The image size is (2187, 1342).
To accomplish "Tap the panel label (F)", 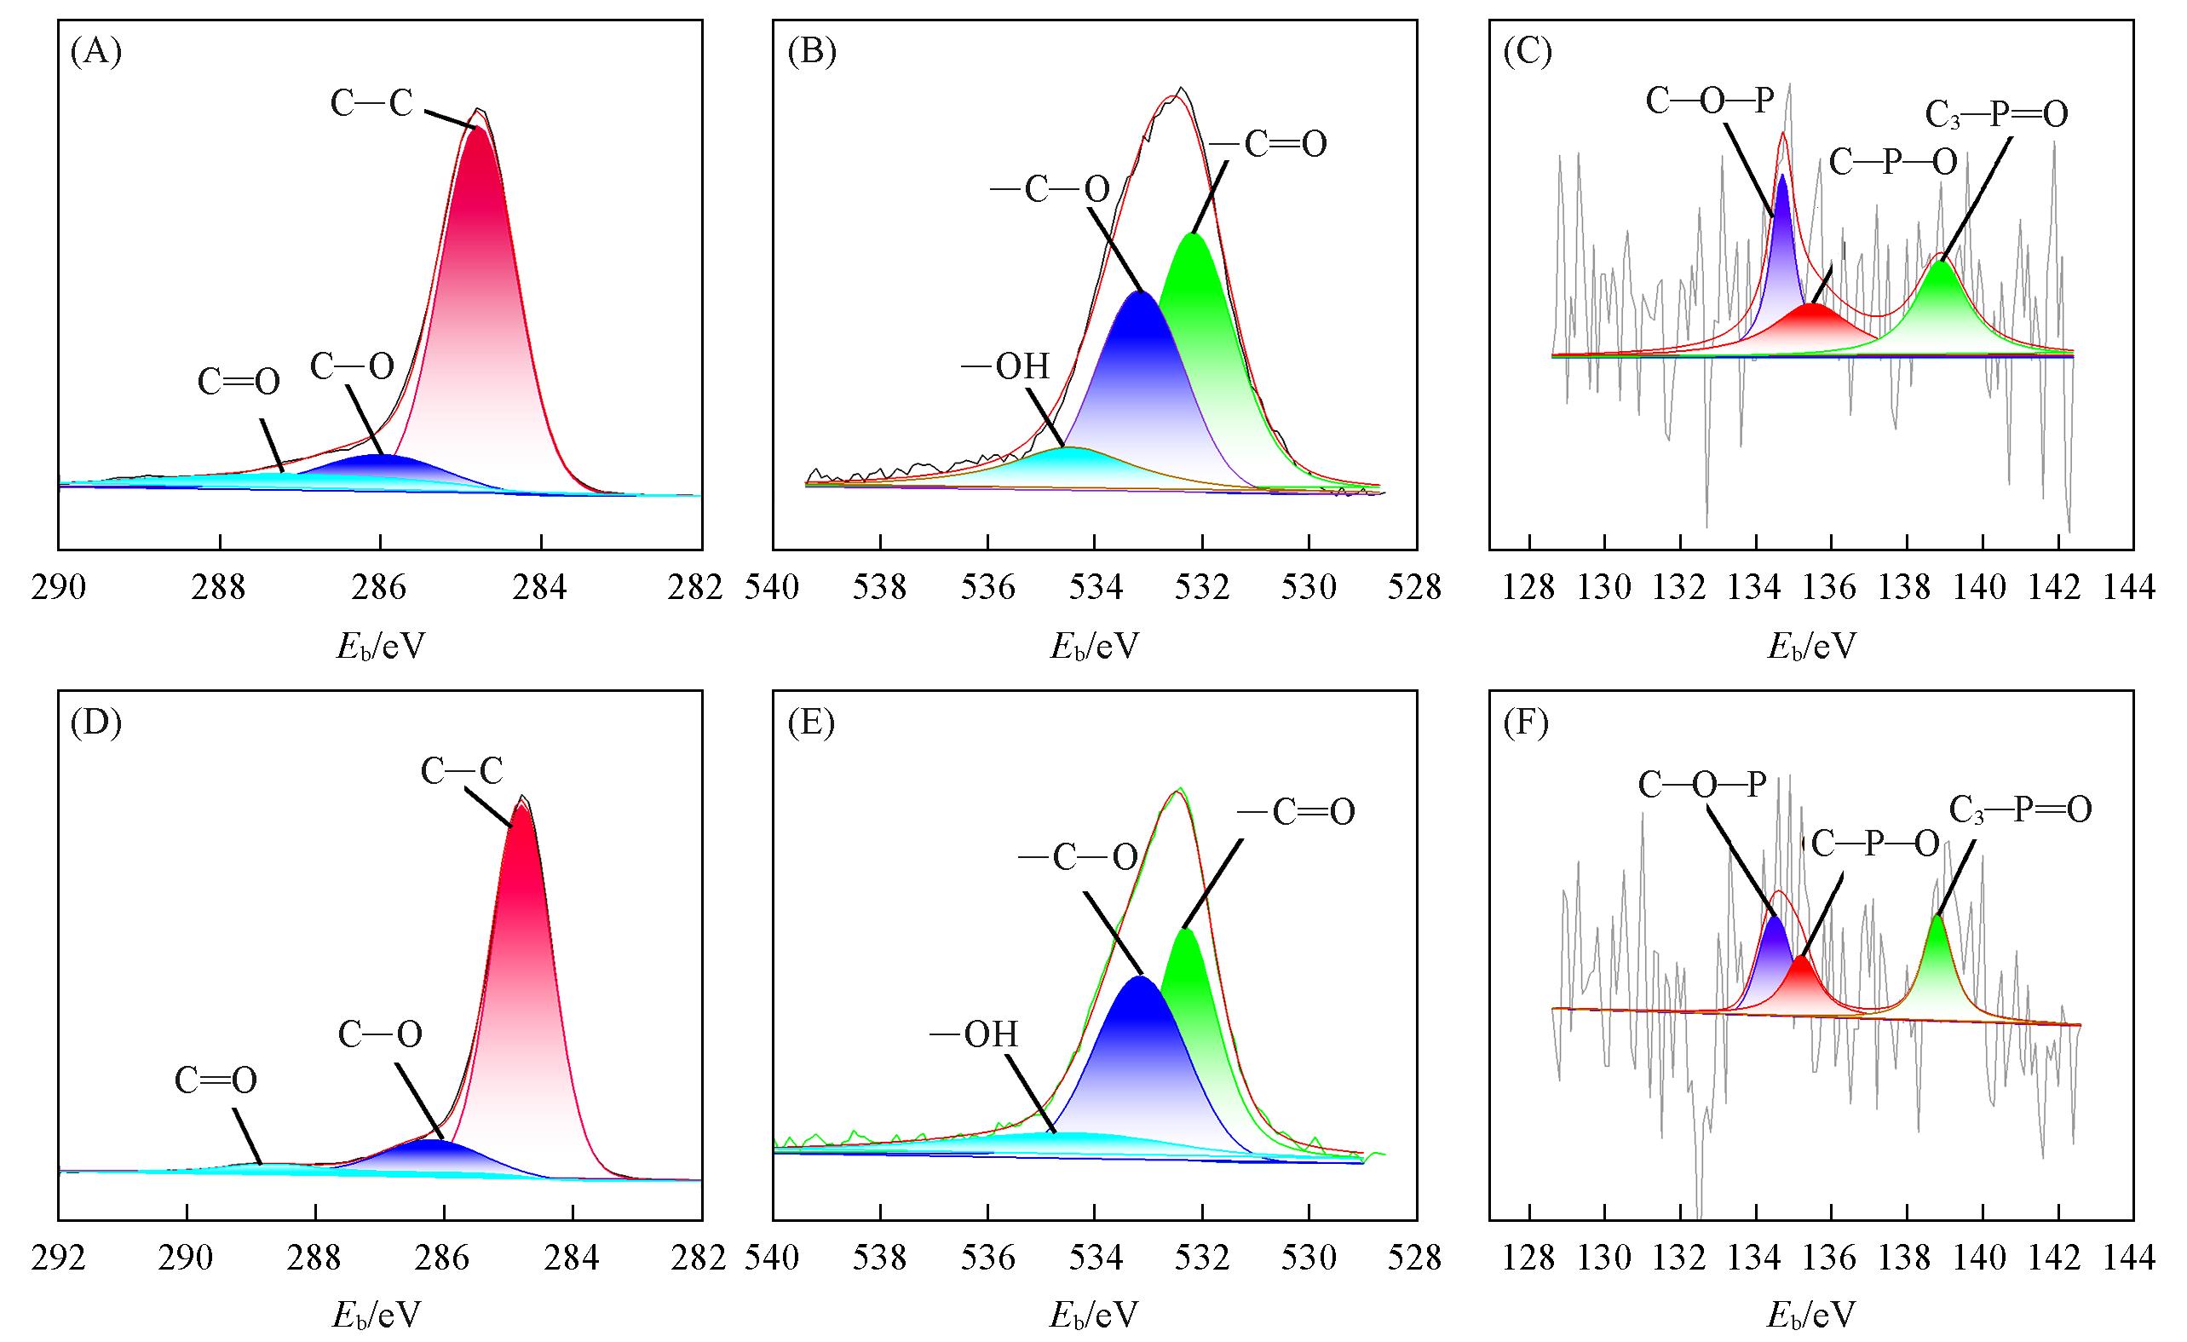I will (x=1527, y=724).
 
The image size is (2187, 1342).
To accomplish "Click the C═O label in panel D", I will (x=216, y=1080).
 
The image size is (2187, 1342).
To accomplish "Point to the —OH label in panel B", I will (x=1005, y=366).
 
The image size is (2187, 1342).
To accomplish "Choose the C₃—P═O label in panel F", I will (x=2020, y=809).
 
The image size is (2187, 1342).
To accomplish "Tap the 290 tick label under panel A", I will (x=59, y=588).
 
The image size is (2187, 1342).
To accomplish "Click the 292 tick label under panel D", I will (x=59, y=1258).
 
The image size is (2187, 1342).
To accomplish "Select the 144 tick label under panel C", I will (x=2132, y=588).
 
